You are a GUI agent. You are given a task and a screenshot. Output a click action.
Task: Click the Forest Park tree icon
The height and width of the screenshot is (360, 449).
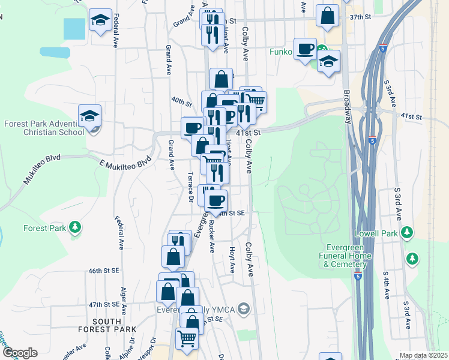[x=75, y=227]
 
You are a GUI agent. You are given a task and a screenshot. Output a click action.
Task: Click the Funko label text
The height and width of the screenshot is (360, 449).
[x=280, y=52]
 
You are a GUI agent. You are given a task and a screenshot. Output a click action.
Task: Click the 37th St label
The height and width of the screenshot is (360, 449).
[x=357, y=17]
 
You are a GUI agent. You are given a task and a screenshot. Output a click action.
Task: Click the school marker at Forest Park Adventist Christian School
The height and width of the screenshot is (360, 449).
[x=89, y=115]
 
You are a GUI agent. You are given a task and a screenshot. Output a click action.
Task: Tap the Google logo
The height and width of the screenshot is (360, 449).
[x=20, y=352]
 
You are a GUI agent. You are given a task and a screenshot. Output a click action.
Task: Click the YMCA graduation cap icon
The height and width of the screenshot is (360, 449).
[x=243, y=310]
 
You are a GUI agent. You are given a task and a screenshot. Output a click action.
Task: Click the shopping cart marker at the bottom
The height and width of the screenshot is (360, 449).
[x=187, y=338]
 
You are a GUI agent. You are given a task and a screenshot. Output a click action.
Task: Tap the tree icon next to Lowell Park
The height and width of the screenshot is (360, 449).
[x=407, y=232]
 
